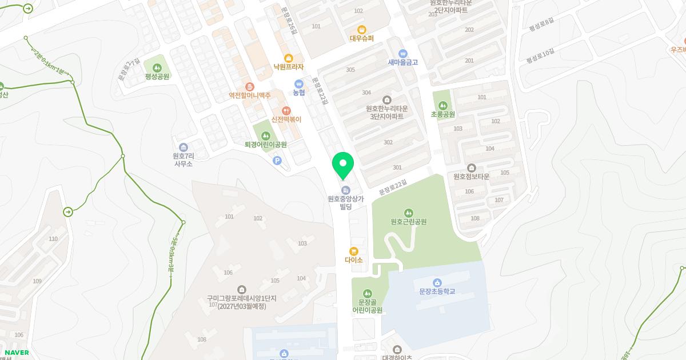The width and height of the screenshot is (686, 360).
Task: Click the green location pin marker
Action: click(343, 165)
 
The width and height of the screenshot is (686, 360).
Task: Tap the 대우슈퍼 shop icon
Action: click(361, 30)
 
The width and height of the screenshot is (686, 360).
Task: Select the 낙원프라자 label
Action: click(289, 67)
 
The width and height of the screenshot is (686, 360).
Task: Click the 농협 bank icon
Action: click(298, 84)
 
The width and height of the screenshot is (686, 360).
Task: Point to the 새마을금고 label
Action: click(403, 62)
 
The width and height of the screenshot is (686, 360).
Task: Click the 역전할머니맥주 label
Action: click(249, 95)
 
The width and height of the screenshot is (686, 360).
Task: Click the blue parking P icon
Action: click(277, 161)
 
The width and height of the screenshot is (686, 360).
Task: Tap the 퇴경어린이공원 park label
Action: click(265, 145)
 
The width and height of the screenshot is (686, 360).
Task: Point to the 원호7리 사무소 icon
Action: click(183, 147)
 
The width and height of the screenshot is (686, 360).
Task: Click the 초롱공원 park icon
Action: click(443, 106)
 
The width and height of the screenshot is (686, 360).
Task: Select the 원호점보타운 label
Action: click(472, 177)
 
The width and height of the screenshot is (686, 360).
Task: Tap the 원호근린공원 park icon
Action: click(409, 213)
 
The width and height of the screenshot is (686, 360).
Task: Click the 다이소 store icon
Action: click(354, 251)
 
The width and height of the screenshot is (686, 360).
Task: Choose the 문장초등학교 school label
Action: click(437, 291)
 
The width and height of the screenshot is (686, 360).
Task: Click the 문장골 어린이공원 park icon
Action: click(367, 293)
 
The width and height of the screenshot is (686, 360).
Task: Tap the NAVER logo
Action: click(16, 353)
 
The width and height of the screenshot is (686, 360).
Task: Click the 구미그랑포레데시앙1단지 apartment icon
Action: click(241, 290)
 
